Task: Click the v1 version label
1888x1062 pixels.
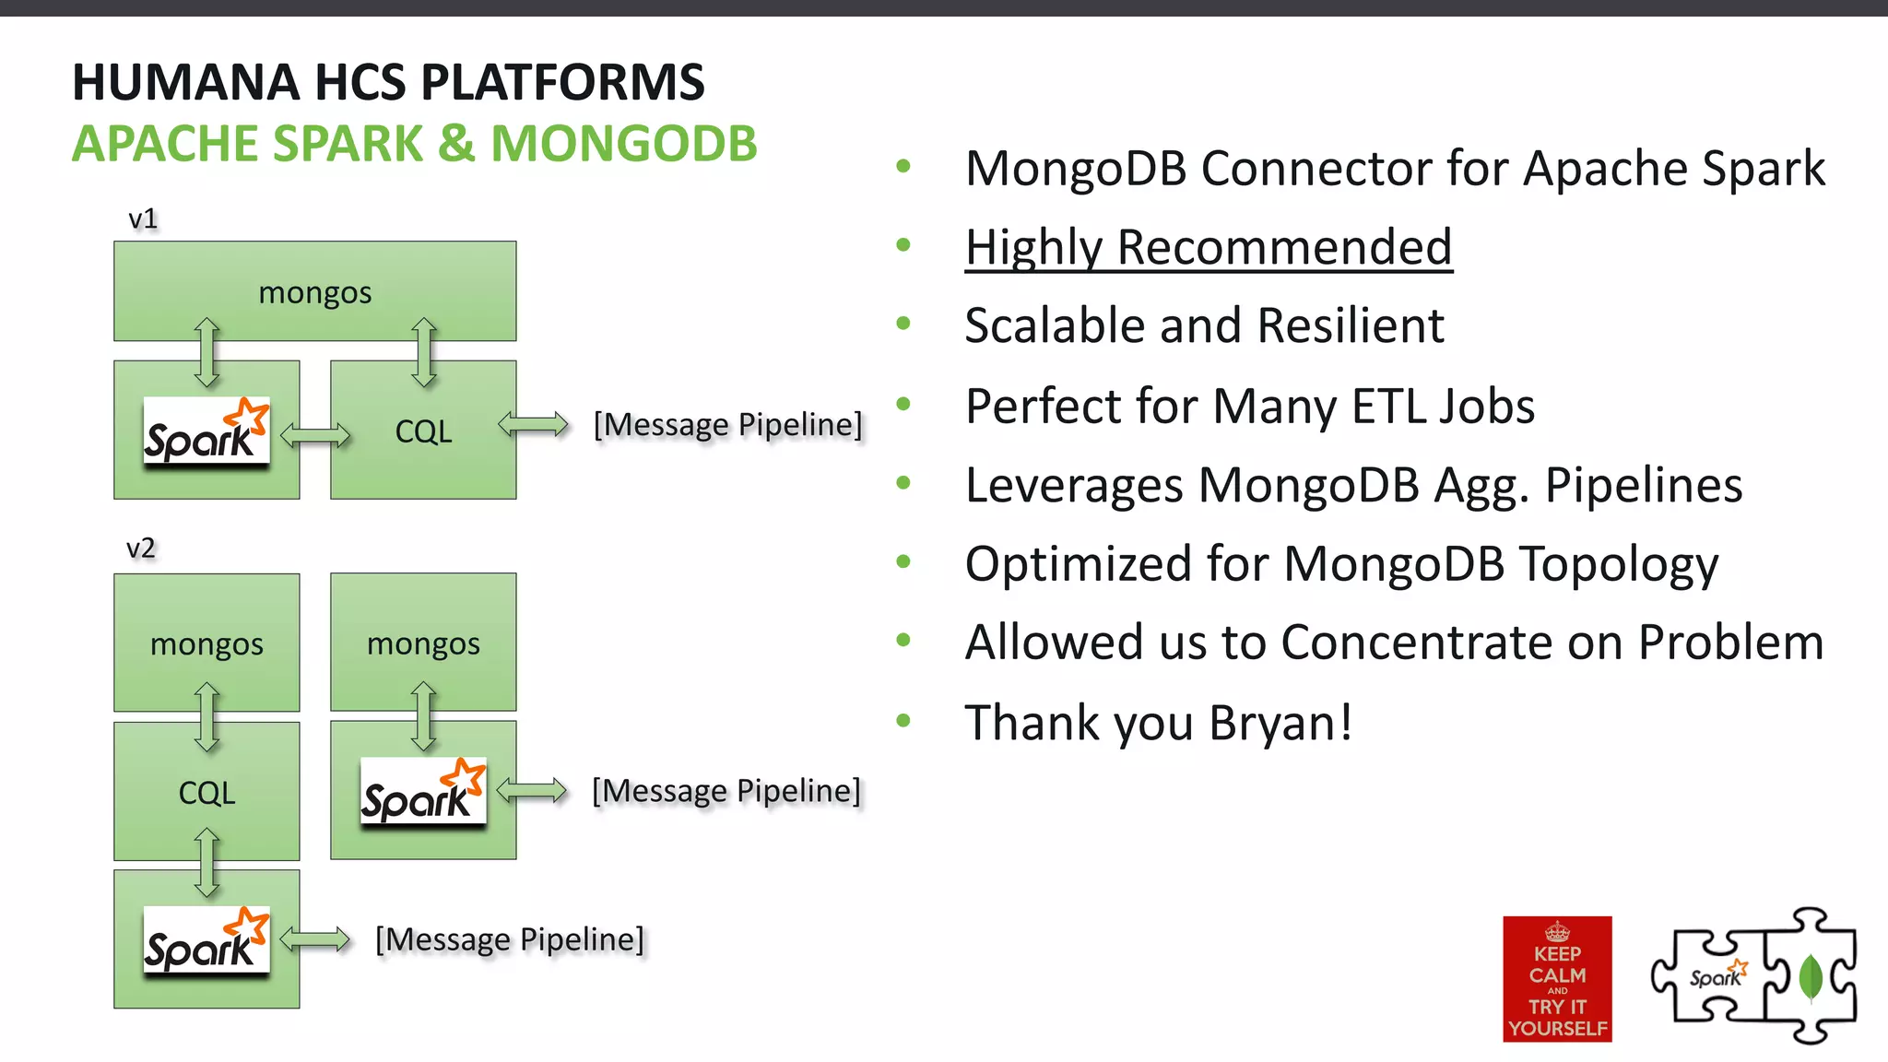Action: click(x=143, y=219)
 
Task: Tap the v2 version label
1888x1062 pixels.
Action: click(x=141, y=549)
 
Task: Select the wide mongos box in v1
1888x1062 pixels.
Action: click(x=314, y=291)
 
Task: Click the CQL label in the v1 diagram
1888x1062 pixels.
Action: click(x=423, y=431)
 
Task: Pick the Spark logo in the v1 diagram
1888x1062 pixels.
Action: click(x=206, y=431)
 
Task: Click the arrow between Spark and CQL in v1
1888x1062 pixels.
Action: click(x=315, y=434)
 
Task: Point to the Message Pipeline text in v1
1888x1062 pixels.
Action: click(x=727, y=425)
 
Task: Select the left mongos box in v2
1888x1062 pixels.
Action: click(x=206, y=643)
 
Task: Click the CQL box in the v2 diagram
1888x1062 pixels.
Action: click(x=206, y=792)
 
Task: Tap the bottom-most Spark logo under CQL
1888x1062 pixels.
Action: click(x=206, y=940)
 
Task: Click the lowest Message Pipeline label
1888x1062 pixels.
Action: click(x=510, y=939)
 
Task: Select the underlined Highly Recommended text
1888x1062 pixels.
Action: click(x=1208, y=247)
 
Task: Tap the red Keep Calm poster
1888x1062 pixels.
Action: click(x=1557, y=979)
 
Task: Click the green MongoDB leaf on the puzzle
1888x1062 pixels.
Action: click(x=1811, y=978)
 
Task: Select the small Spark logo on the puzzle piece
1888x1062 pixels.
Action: click(x=1717, y=975)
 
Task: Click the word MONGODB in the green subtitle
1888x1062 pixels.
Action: click(x=623, y=145)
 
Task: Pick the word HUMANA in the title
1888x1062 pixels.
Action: click(x=185, y=82)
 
